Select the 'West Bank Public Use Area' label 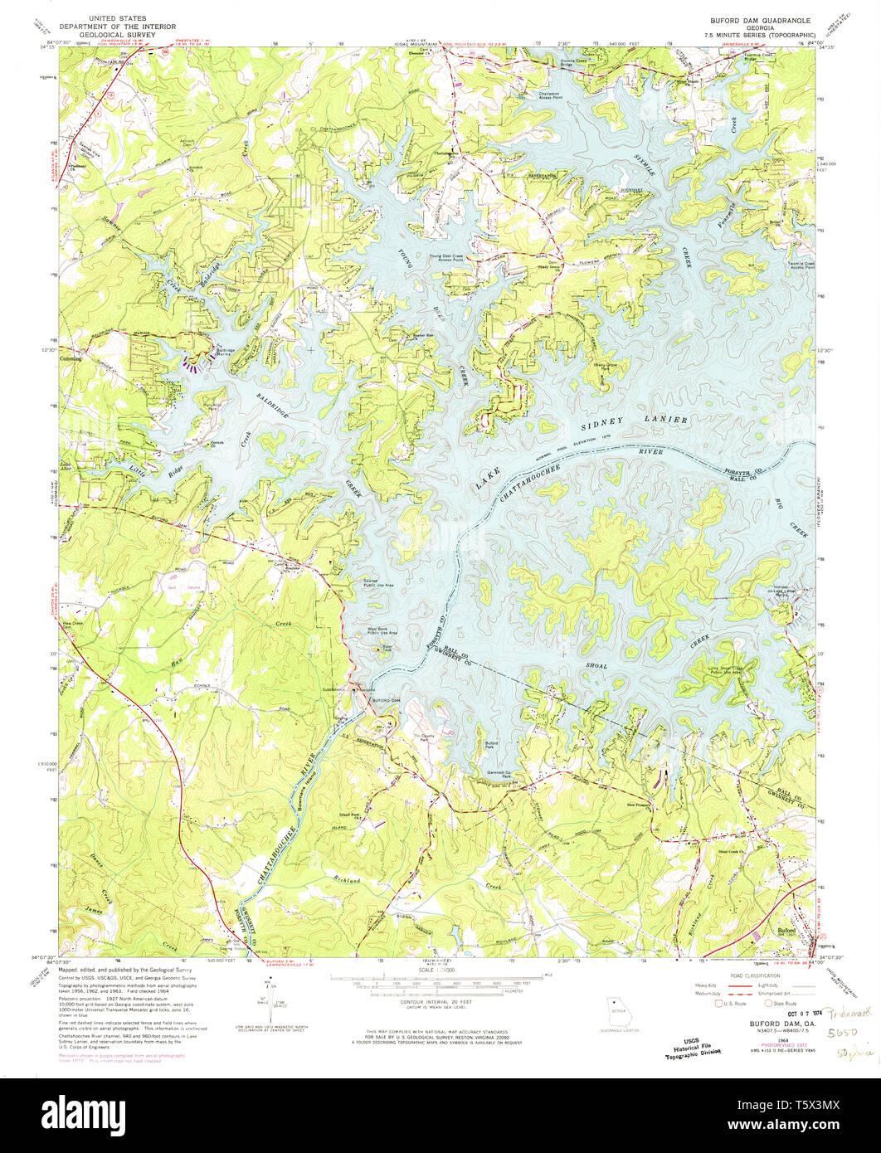pyautogui.click(x=382, y=633)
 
